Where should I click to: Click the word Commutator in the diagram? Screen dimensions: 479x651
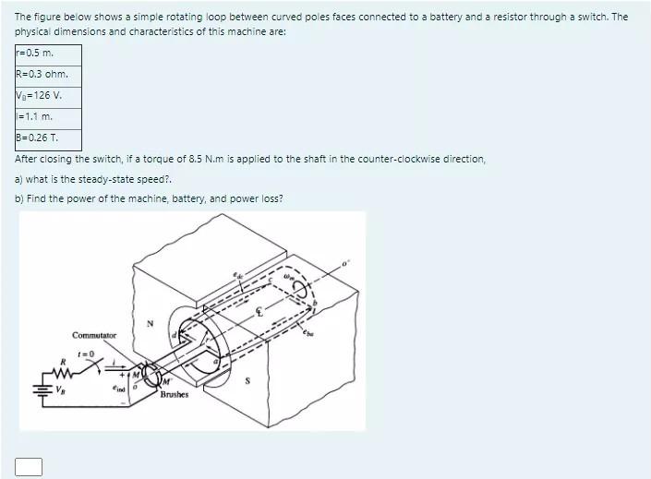click(94, 334)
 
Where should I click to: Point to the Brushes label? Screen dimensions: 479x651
click(174, 394)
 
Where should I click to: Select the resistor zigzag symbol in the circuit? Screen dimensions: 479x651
click(62, 372)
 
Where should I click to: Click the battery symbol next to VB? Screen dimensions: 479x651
click(36, 389)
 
